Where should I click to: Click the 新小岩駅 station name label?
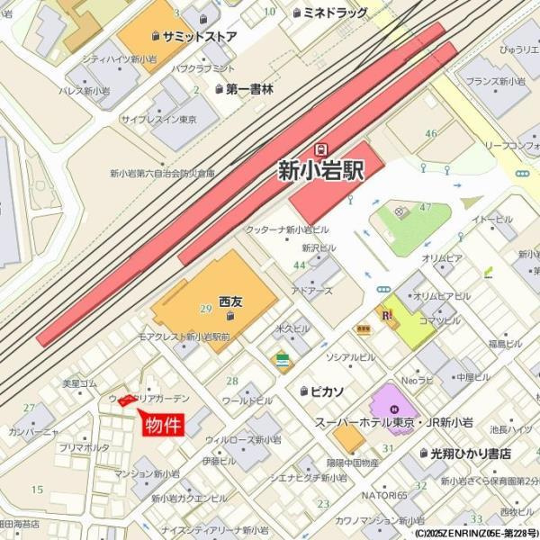pos(321,170)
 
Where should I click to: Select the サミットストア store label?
pos(201,37)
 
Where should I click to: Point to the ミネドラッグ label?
pos(336,13)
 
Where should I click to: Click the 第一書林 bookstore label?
pos(249,89)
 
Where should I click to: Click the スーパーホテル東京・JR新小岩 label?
pos(394,422)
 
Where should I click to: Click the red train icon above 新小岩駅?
pos(320,148)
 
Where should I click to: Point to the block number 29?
pos(206,309)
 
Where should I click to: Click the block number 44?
pos(299,265)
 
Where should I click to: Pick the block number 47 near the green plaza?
pos(426,207)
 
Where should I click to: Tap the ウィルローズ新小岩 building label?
pos(243,440)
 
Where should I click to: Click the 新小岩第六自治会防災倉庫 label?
pos(163,173)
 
